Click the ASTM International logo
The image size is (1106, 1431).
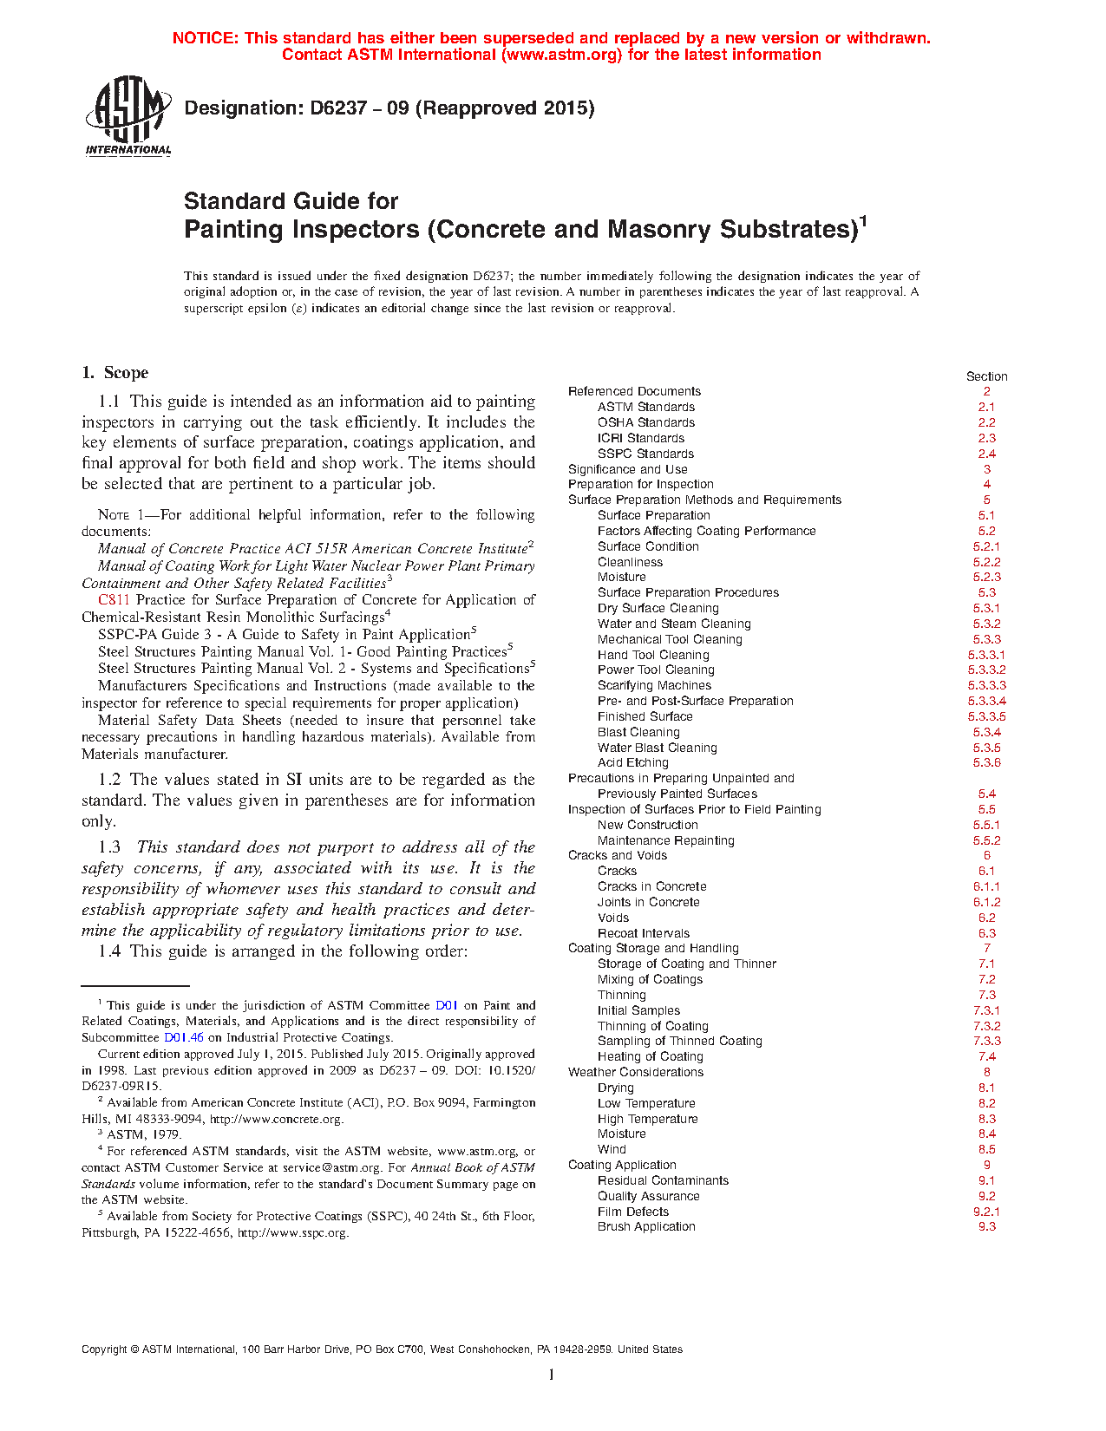point(128,115)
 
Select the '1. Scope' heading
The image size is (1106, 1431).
point(115,373)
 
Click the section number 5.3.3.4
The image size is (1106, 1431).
point(986,701)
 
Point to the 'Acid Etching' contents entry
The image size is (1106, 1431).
point(632,763)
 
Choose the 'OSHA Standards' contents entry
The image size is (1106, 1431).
point(645,422)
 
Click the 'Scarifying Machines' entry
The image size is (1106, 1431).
point(654,685)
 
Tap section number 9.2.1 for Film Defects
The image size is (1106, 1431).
point(986,1212)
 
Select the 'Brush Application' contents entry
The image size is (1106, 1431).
point(646,1227)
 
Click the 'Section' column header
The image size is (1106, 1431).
point(986,376)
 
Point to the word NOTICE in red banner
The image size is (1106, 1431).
point(205,38)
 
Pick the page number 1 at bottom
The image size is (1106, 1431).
point(551,1375)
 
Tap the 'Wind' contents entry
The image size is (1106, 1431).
point(612,1150)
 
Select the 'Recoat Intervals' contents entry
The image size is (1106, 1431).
point(643,934)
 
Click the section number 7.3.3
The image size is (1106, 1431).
point(986,1042)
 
